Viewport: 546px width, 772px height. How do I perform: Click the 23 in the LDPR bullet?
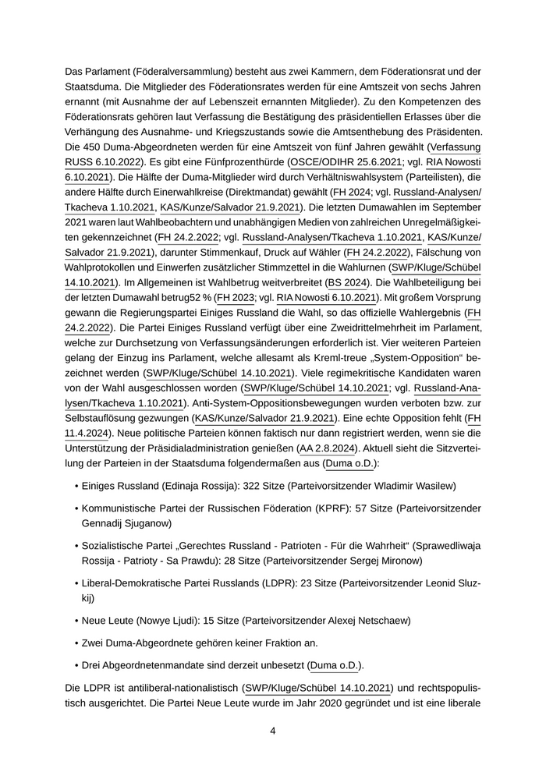coord(310,583)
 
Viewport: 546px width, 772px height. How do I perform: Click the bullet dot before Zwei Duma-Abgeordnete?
coord(76,643)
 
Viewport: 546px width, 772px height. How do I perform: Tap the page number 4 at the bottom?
coord(273,731)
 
